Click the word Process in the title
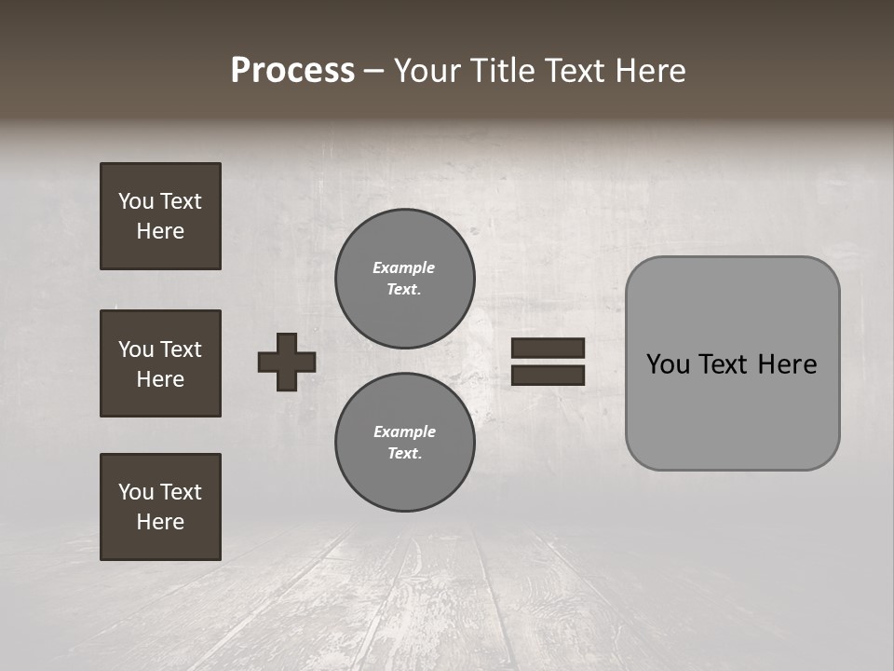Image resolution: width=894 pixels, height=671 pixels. pyautogui.click(x=292, y=71)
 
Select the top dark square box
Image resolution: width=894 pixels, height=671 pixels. pyautogui.click(x=160, y=216)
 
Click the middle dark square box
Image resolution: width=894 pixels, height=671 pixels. pyautogui.click(x=160, y=363)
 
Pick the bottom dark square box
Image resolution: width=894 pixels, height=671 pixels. pyautogui.click(x=160, y=507)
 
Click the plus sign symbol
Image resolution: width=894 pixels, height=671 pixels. pyautogui.click(x=287, y=362)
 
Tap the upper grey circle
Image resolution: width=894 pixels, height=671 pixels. pyautogui.click(x=404, y=279)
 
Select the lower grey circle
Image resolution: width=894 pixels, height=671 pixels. pyautogui.click(x=404, y=443)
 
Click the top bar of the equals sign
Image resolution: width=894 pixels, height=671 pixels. pyautogui.click(x=548, y=349)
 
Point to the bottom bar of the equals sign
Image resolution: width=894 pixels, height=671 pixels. pyautogui.click(x=548, y=376)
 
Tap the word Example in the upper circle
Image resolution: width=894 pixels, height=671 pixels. pyautogui.click(x=404, y=268)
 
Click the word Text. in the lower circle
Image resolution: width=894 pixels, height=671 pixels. pyautogui.click(x=405, y=454)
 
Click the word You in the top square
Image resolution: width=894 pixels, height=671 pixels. pyautogui.click(x=135, y=201)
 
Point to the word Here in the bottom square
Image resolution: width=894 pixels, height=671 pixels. pyautogui.click(x=160, y=522)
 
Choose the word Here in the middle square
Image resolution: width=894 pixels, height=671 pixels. pyautogui.click(x=160, y=379)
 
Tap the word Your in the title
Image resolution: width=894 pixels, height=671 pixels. pyautogui.click(x=429, y=71)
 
